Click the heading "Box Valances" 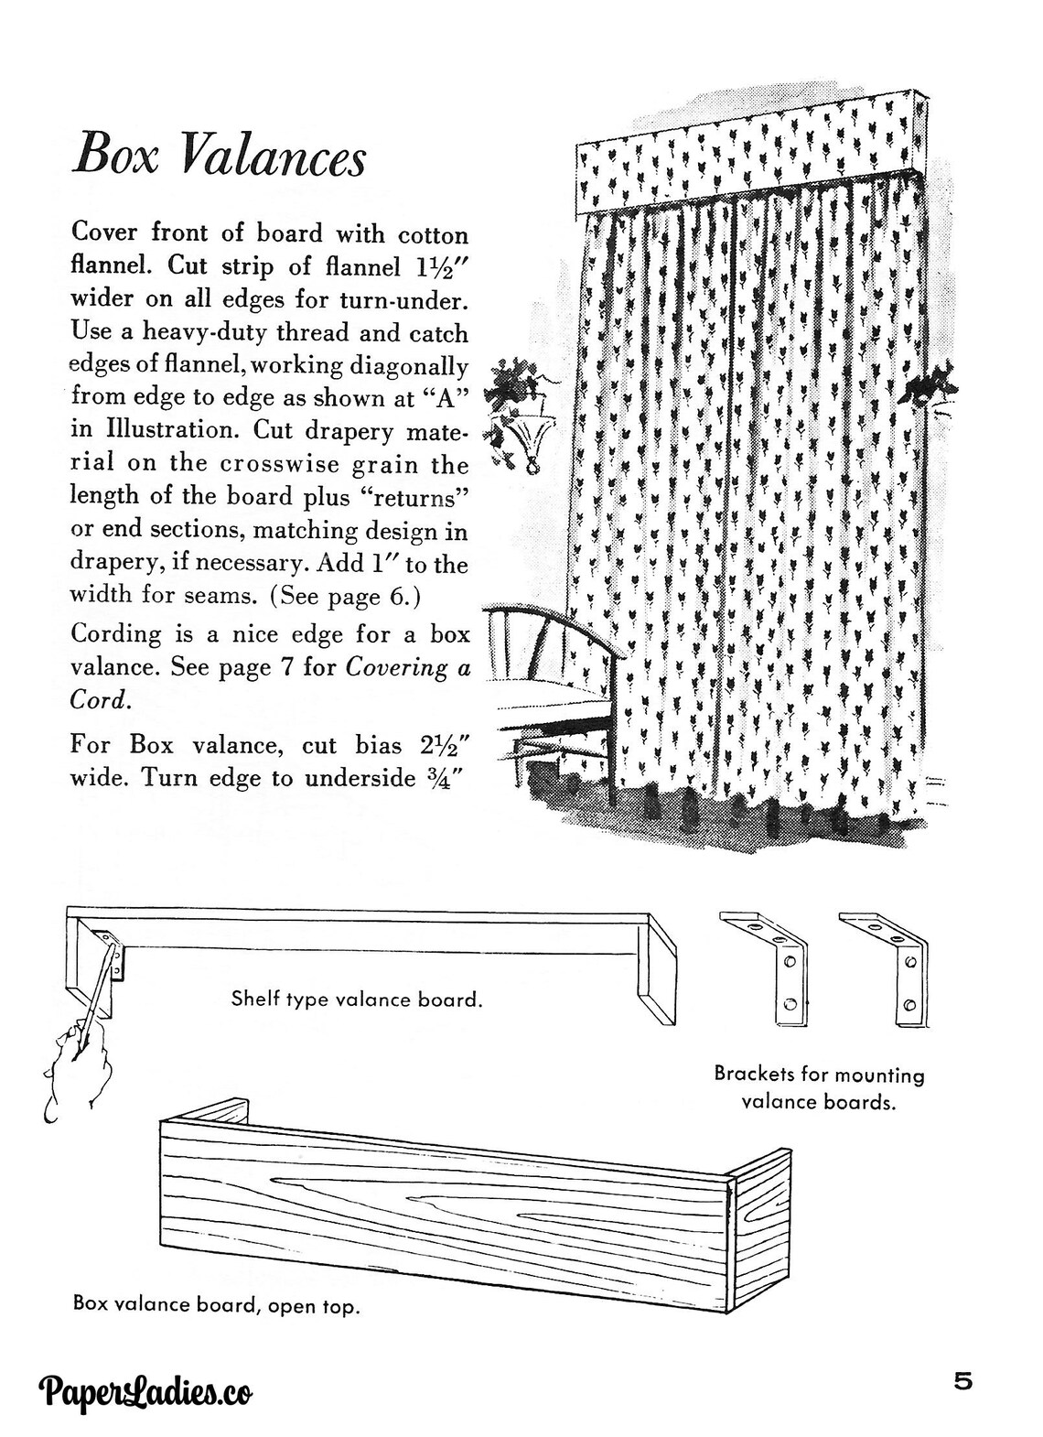pos(220,155)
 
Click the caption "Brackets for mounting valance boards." pos(819,1087)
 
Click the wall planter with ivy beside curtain pos(518,411)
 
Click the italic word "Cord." pos(100,700)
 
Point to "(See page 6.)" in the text pos(345,596)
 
